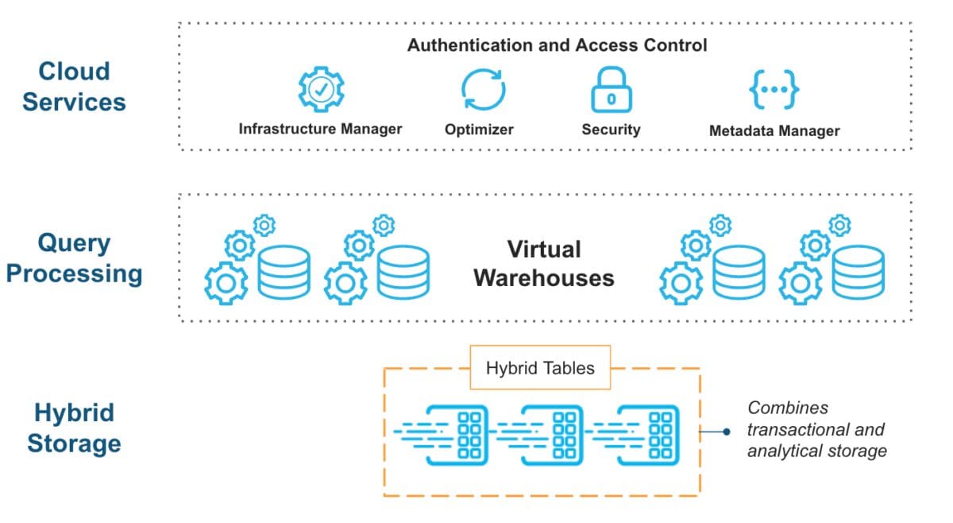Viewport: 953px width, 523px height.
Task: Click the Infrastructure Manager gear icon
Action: pyautogui.click(x=321, y=90)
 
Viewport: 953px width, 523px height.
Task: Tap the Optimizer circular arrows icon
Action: pyautogui.click(x=484, y=90)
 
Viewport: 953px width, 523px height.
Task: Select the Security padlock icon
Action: pyautogui.click(x=610, y=91)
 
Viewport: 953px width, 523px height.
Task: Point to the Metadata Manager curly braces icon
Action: pyautogui.click(x=774, y=91)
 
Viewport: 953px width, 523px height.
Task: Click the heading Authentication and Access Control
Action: pyautogui.click(x=557, y=45)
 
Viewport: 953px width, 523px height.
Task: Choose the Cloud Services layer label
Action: pyautogui.click(x=74, y=86)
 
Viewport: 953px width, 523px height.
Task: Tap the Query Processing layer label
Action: pyautogui.click(x=74, y=258)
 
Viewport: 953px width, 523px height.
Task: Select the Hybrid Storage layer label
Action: pyautogui.click(x=74, y=428)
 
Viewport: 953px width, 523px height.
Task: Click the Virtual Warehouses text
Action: pyautogui.click(x=544, y=263)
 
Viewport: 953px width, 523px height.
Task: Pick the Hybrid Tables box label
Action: pyautogui.click(x=540, y=367)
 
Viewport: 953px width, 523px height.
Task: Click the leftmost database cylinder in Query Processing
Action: pyautogui.click(x=284, y=271)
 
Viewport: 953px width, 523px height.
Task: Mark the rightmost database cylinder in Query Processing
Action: pyautogui.click(x=858, y=271)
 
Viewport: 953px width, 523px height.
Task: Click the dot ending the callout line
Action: pyautogui.click(x=726, y=432)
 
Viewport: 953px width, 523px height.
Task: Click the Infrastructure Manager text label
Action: pyautogui.click(x=320, y=129)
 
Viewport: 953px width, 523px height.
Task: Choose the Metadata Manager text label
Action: pyautogui.click(x=774, y=130)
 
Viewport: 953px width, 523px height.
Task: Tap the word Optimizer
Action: pyautogui.click(x=479, y=130)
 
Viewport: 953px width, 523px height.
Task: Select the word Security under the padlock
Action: pyautogui.click(x=611, y=130)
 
